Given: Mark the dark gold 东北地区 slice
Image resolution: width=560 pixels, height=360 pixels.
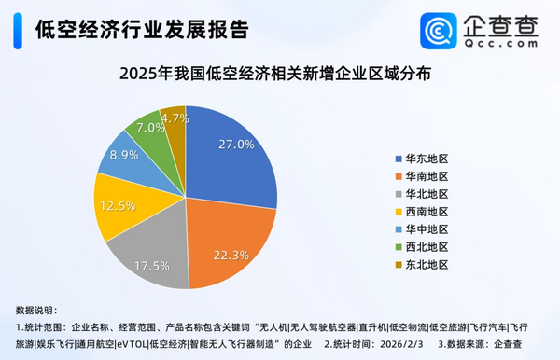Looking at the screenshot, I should point(175,121).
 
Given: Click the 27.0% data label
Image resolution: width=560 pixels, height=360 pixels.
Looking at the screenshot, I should point(235,145).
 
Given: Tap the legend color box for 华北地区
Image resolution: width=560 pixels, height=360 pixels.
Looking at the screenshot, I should point(399,193).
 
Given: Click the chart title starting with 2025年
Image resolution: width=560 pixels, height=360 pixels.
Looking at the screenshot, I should point(279,73).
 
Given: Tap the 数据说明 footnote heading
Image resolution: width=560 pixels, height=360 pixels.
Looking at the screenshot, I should point(37,309).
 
